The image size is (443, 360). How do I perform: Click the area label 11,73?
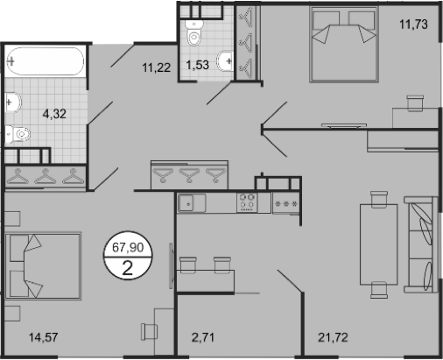[x=413, y=24]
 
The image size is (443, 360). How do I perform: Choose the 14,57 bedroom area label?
[x=43, y=335]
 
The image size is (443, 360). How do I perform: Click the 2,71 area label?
[x=203, y=335]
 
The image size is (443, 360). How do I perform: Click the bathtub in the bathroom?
[x=45, y=64]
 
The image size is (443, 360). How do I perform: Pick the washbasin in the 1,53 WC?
[x=228, y=60]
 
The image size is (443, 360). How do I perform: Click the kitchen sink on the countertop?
[x=188, y=203]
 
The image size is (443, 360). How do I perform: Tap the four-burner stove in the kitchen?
[x=247, y=202]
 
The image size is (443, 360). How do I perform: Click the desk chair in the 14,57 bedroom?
[x=149, y=331]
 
